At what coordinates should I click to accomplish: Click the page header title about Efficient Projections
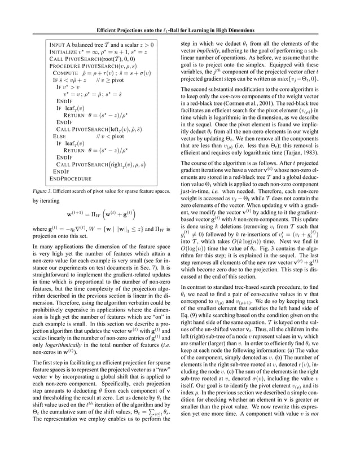(180, 29)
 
